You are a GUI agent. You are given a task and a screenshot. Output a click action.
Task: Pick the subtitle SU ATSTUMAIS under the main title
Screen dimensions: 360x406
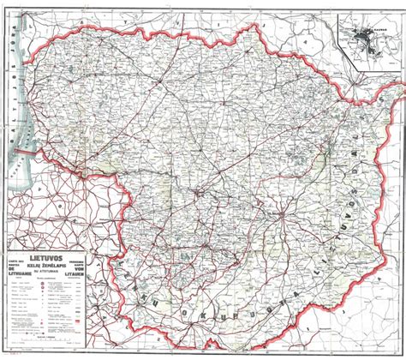pos(51,273)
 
